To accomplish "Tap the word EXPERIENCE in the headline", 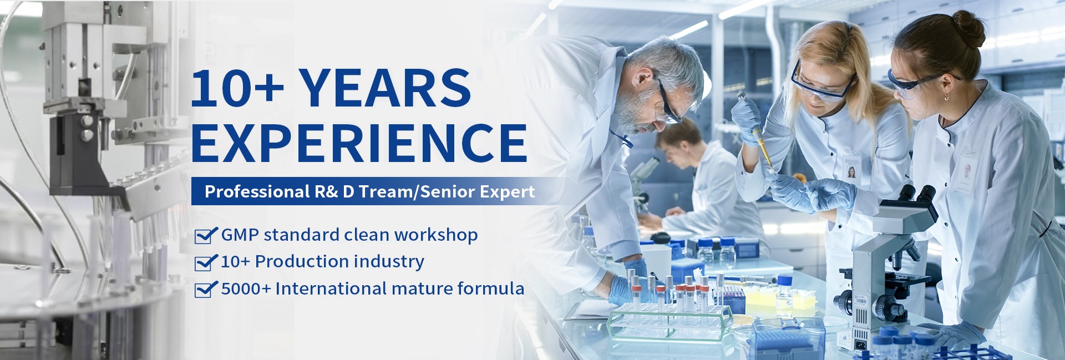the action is pyautogui.click(x=359, y=143).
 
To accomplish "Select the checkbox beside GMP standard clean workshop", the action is pyautogui.click(x=205, y=236).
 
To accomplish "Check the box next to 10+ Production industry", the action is pyautogui.click(x=205, y=262).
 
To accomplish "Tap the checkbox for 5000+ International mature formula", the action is pyautogui.click(x=205, y=289).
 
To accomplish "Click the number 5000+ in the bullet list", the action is pyautogui.click(x=246, y=289).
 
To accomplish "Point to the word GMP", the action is pyautogui.click(x=240, y=235).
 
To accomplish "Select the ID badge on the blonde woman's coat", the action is pyautogui.click(x=851, y=169).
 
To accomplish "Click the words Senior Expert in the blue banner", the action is pyautogui.click(x=478, y=192).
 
